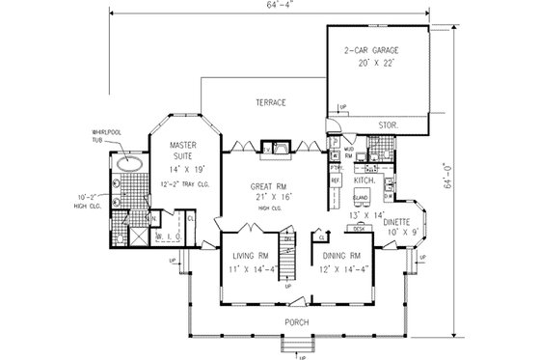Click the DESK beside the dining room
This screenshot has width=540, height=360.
coord(358,228)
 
